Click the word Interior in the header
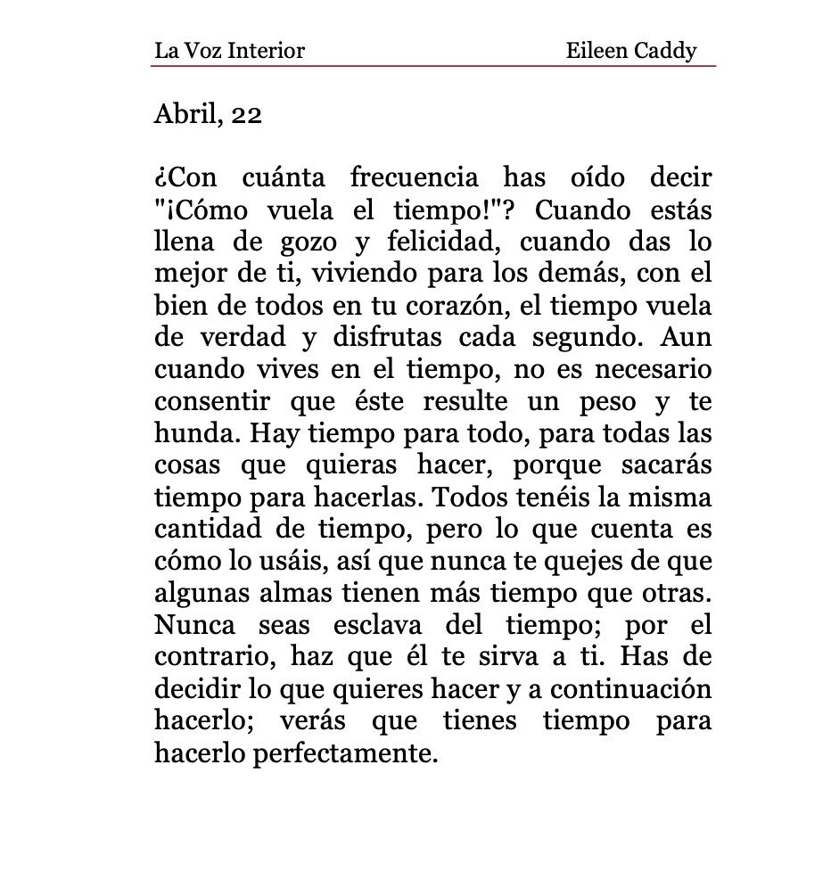point(267,51)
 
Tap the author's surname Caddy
point(664,51)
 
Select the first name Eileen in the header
point(596,51)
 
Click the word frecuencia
point(416,179)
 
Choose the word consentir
point(212,402)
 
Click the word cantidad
point(208,530)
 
